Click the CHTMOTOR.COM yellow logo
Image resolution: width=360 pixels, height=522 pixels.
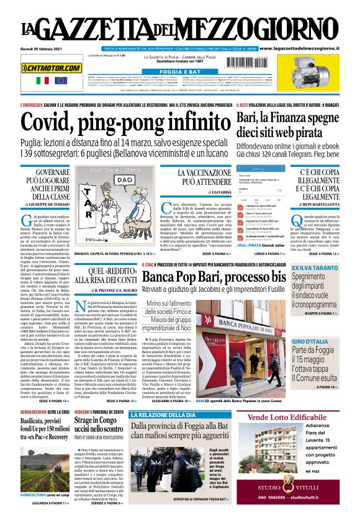tap(52, 68)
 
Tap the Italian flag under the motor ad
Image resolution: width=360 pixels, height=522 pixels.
tap(43, 81)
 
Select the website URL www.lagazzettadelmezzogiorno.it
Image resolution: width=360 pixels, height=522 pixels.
tap(307, 48)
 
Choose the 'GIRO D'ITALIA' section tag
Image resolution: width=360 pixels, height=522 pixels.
tap(307, 342)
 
